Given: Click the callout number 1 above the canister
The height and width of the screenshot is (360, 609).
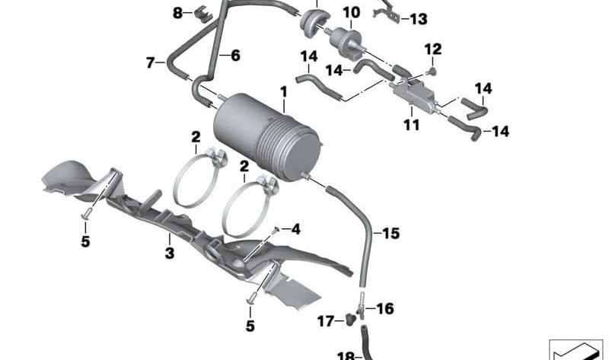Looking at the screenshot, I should (x=283, y=92).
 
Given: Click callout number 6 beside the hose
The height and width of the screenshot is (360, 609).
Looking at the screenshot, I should (x=234, y=56).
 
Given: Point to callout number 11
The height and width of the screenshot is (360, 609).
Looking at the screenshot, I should (x=411, y=125).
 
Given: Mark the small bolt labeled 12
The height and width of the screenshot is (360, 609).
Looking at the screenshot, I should (x=432, y=71).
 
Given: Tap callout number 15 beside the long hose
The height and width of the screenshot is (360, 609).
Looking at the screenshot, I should (x=391, y=233).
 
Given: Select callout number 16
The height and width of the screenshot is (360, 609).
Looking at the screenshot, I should (x=385, y=308).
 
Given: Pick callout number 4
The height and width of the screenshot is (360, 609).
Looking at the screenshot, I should (x=296, y=228).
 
